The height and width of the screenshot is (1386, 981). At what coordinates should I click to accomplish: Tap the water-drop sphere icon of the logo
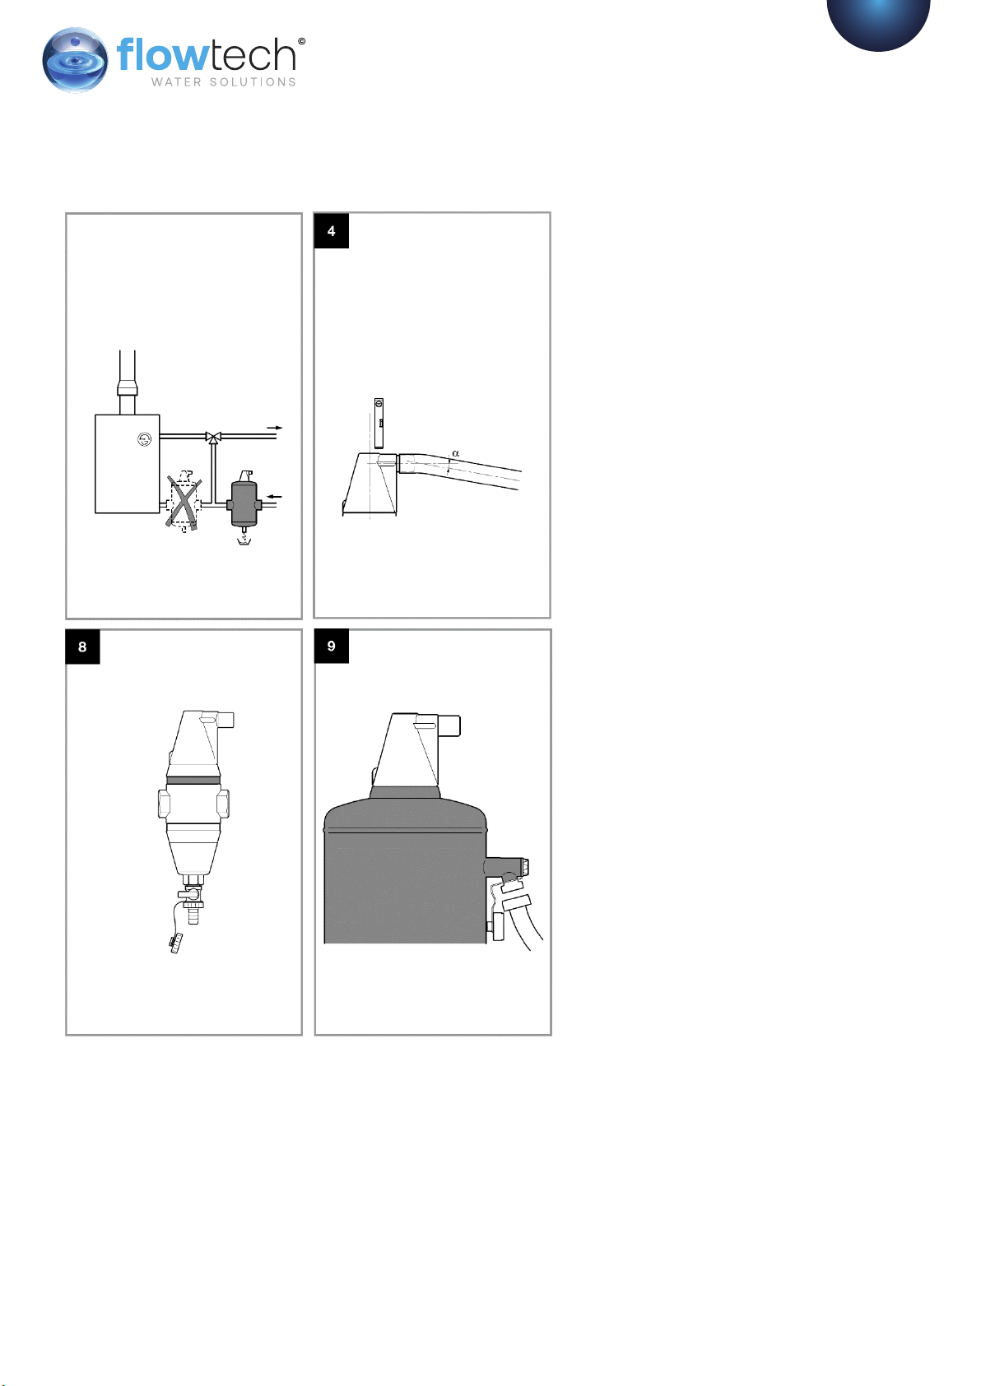75,60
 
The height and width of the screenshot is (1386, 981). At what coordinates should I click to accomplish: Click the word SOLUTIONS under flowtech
253,82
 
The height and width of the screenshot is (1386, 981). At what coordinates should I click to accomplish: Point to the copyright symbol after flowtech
301,41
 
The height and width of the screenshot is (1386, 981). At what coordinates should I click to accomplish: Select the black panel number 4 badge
331,231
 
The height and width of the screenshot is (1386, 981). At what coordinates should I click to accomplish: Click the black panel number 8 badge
82,647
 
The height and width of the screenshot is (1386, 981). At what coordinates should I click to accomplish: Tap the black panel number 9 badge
331,646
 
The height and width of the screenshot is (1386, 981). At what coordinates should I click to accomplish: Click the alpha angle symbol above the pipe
456,453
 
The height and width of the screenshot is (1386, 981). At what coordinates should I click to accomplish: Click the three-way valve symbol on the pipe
213,438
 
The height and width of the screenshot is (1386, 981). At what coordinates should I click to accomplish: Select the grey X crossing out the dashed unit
184,503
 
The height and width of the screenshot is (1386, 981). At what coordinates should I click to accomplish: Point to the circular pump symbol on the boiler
144,439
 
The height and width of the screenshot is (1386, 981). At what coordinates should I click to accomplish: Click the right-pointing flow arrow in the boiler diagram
275,428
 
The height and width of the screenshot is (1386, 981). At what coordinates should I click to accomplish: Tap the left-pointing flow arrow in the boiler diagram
274,496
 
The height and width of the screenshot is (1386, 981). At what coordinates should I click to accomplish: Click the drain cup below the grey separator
244,541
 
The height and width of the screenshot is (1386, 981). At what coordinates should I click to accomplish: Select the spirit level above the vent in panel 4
379,424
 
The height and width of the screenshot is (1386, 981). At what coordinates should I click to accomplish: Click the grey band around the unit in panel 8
193,781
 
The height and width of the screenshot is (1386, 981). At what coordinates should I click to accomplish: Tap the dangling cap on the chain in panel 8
176,943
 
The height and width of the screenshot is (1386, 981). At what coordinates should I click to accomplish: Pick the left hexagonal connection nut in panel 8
164,804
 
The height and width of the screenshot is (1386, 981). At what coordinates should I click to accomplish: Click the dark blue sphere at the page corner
878,25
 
